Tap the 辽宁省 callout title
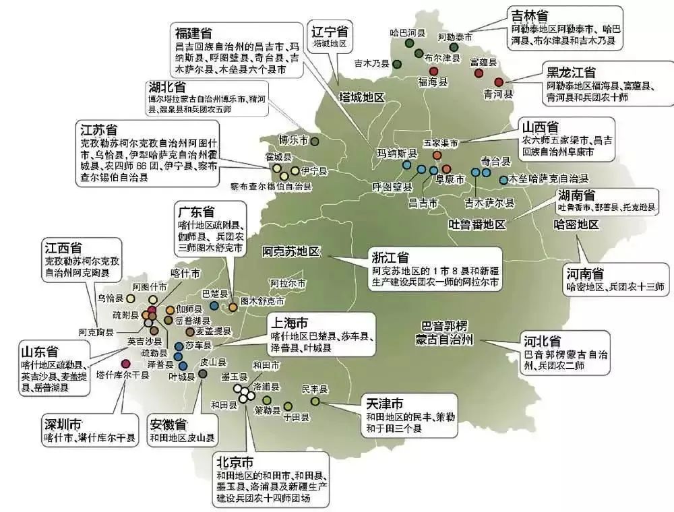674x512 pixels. click(x=330, y=32)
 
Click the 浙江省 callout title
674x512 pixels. click(x=390, y=257)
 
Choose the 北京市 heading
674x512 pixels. click(x=235, y=463)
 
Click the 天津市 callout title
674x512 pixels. click(x=385, y=404)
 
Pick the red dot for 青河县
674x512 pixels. click(x=499, y=82)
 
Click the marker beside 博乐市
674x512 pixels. click(x=315, y=141)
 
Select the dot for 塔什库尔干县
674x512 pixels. click(x=125, y=364)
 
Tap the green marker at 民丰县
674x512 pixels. click(x=315, y=402)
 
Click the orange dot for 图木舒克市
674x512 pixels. click(x=233, y=307)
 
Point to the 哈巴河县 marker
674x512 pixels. click(x=408, y=43)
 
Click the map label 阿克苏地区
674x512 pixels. click(x=293, y=252)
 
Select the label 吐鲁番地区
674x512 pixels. click(x=477, y=224)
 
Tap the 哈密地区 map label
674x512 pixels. click(x=576, y=224)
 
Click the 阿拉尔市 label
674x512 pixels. click(x=288, y=283)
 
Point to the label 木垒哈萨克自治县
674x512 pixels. click(x=549, y=179)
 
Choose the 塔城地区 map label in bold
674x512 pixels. click(x=361, y=97)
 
